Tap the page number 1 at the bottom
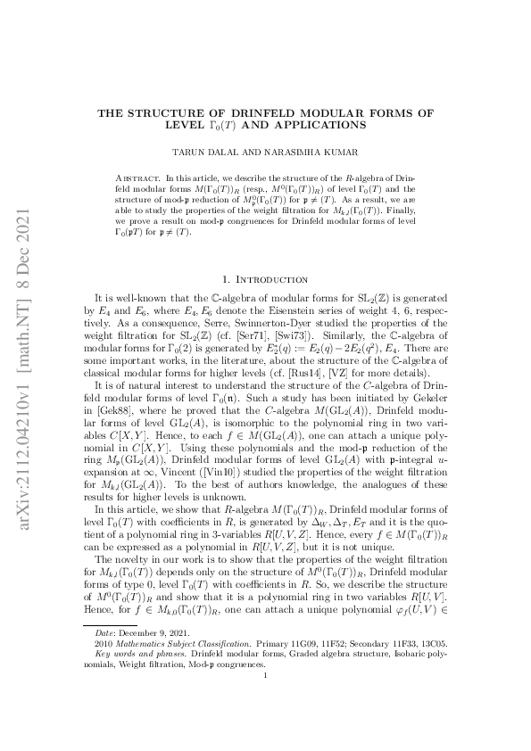tap(266, 701)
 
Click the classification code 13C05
tap(433, 668)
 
